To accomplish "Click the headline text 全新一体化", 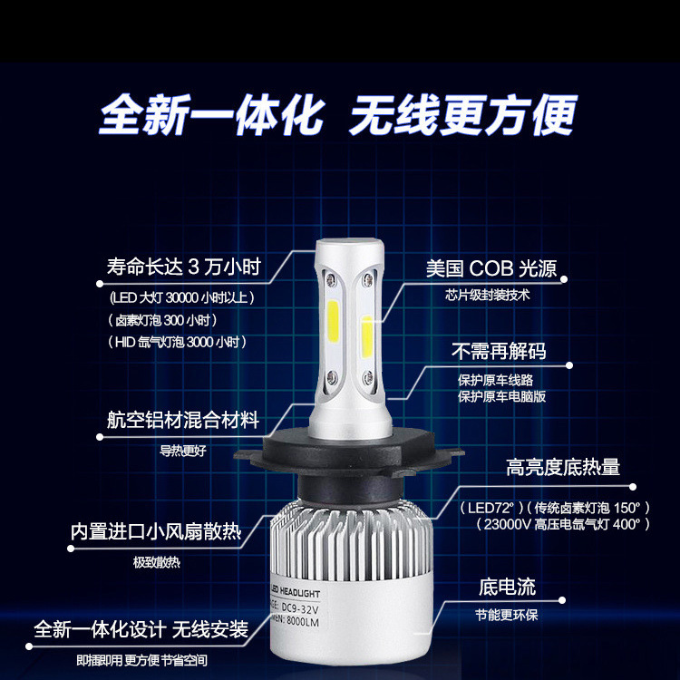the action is click(212, 115).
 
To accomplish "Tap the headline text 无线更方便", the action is click(463, 115).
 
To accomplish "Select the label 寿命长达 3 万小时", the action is click(184, 267).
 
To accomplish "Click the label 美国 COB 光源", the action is click(491, 268).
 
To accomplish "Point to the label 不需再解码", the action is click(499, 351).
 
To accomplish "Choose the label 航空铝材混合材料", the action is click(183, 420).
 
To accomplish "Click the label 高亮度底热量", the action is click(563, 467).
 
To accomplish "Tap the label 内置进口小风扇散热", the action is click(156, 531).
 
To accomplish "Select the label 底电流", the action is click(507, 588).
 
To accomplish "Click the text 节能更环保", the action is click(507, 615).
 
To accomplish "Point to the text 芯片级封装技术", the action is click(487, 295).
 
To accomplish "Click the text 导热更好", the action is click(182, 451).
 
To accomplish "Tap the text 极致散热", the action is click(156, 562).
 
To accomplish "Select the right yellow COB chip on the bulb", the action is click(367, 336).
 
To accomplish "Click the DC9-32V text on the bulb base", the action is click(300, 607).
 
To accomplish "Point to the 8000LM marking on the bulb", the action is click(302, 621).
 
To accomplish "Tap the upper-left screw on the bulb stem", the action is click(330, 279).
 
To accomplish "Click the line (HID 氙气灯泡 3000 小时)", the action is click(178, 342).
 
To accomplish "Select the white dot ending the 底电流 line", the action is click(562, 600).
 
